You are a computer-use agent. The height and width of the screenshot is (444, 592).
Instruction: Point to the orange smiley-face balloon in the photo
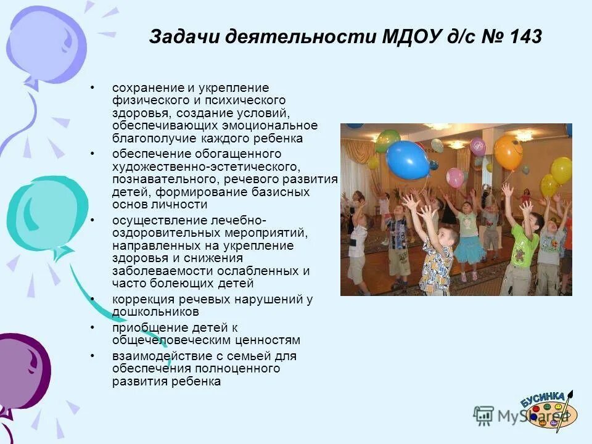click(508, 152)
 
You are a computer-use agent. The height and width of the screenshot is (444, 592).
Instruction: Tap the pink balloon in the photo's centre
click(455, 178)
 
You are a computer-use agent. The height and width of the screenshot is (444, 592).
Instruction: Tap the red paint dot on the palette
click(536, 409)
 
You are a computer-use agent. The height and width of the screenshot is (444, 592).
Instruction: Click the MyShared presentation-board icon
click(483, 414)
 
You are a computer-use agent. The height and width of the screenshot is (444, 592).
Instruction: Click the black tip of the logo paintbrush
click(572, 393)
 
